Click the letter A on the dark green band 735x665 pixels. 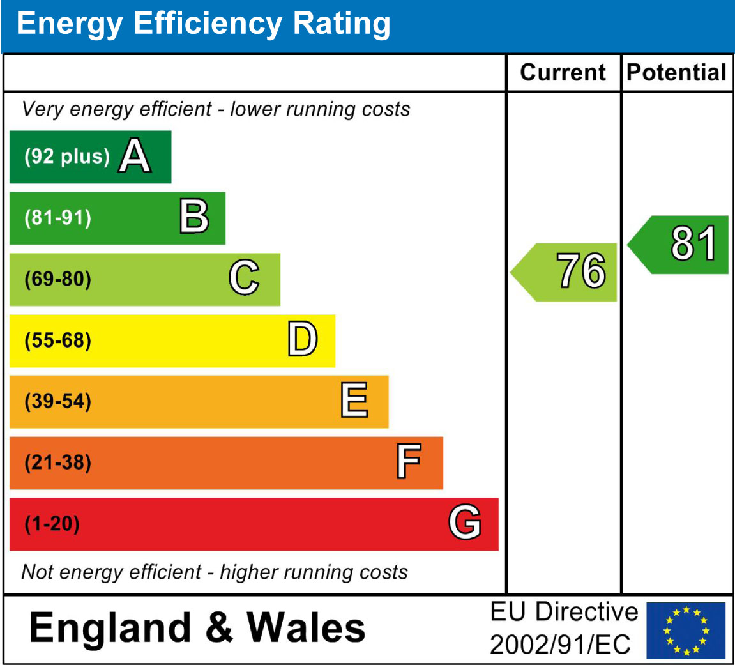pyautogui.click(x=135, y=157)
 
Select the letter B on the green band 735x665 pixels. pyautogui.click(x=194, y=218)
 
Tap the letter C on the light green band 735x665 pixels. pyautogui.click(x=244, y=279)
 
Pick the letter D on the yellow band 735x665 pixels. pyautogui.click(x=302, y=340)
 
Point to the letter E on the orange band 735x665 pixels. pyautogui.click(x=354, y=401)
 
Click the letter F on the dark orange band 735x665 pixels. pyautogui.click(x=409, y=462)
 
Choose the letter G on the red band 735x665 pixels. pyautogui.click(x=464, y=523)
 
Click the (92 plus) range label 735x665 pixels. pyautogui.click(x=67, y=157)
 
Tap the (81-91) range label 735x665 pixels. pyautogui.click(x=58, y=218)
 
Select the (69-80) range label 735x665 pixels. pyautogui.click(x=58, y=279)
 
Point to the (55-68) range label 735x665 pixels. pyautogui.click(x=58, y=340)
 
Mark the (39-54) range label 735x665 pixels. pyautogui.click(x=58, y=402)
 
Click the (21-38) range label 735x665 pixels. pyautogui.click(x=58, y=462)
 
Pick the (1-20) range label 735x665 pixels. pyautogui.click(x=52, y=524)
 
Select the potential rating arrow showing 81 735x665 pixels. pyautogui.click(x=680, y=244)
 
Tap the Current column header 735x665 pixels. pyautogui.click(x=563, y=72)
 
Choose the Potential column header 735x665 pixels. pyautogui.click(x=676, y=72)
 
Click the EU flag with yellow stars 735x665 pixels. pyautogui.click(x=686, y=630)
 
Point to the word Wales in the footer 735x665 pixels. pyautogui.click(x=307, y=627)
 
